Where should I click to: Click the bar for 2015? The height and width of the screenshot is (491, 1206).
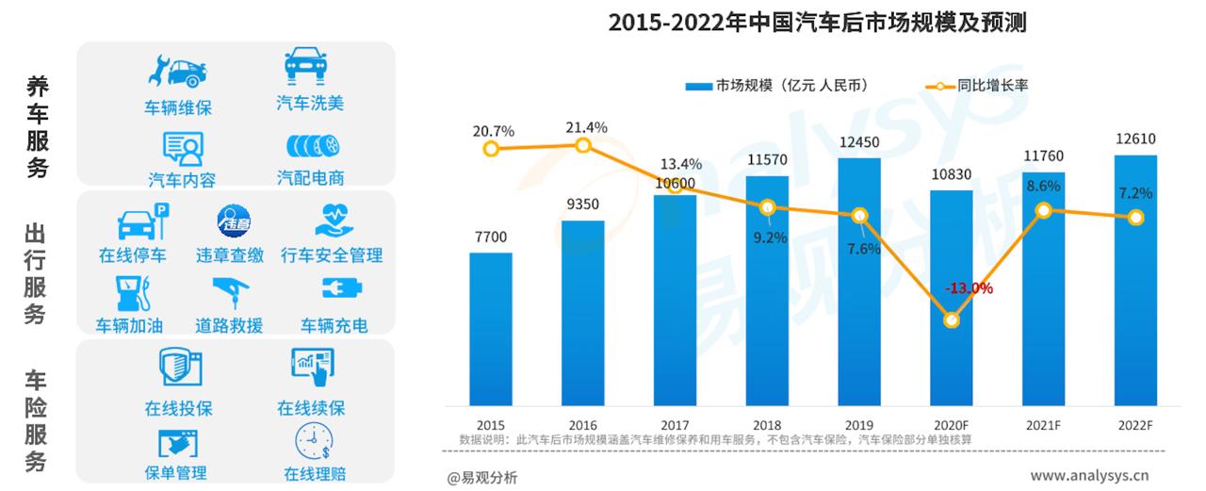point(491,328)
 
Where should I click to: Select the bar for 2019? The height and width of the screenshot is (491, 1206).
point(859,281)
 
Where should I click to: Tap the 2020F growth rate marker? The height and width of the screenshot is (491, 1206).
point(952,320)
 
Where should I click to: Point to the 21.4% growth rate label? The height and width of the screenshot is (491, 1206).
point(586,127)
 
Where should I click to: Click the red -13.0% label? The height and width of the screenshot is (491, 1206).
point(968,288)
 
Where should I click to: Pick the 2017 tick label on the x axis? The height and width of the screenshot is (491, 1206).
point(675,425)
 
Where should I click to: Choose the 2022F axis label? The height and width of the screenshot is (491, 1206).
point(1135,425)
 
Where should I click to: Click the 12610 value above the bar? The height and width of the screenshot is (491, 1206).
point(1135,139)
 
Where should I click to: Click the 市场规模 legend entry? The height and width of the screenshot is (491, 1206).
point(776,86)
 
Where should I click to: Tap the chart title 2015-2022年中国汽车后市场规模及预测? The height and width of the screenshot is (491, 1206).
point(817,23)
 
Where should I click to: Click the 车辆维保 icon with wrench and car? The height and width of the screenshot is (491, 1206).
point(177,72)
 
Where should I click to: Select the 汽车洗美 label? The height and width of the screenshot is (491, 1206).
point(311,103)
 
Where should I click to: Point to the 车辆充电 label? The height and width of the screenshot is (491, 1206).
point(334,326)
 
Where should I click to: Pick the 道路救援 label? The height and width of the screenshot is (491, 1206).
point(229,326)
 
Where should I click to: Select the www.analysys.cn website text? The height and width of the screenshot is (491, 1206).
point(1096,475)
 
